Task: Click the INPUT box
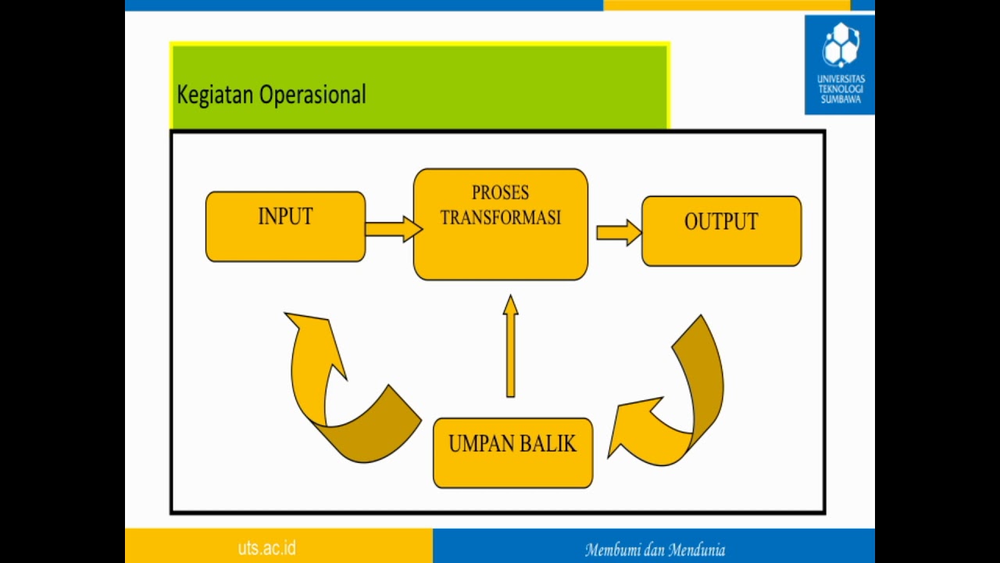(x=285, y=226)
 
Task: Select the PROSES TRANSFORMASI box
(x=500, y=224)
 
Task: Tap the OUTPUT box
(x=721, y=231)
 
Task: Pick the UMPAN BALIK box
(x=512, y=454)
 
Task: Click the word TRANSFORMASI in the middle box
(x=500, y=218)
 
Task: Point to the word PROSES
(x=500, y=192)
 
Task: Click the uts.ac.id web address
(x=266, y=547)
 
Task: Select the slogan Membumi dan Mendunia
(x=655, y=550)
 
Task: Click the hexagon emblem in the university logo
(x=840, y=45)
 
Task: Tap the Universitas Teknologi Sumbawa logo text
(x=840, y=89)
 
